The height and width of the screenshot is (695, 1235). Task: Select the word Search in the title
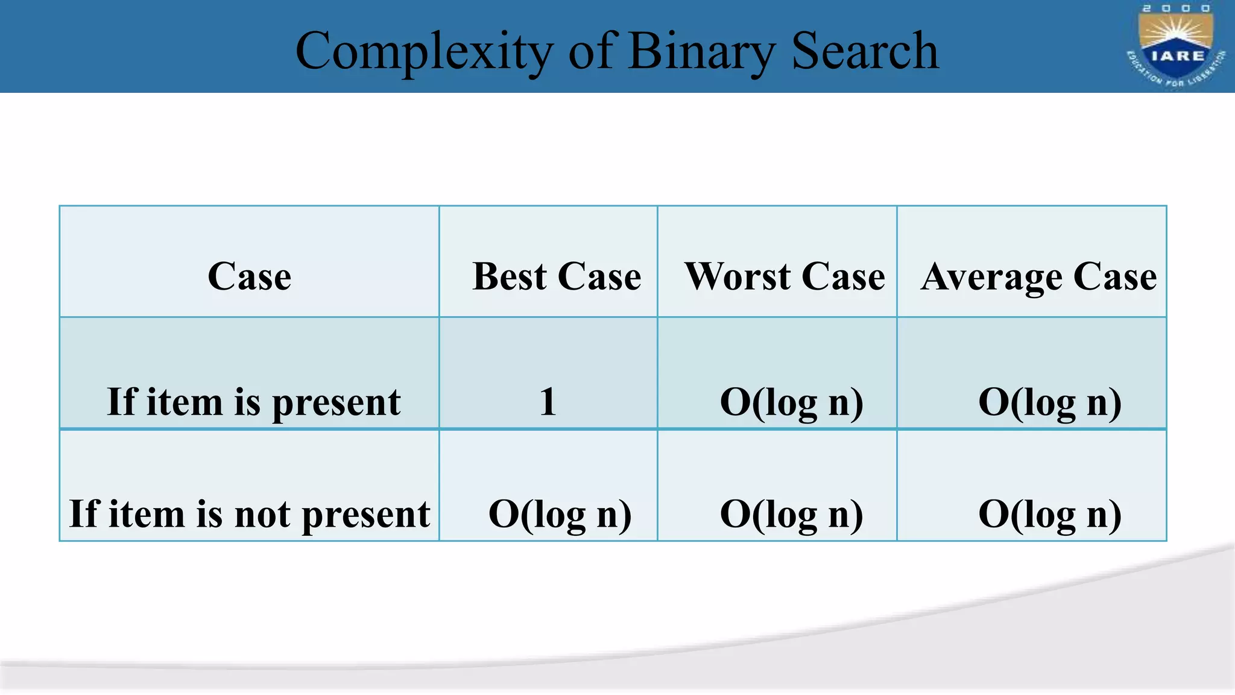(x=865, y=52)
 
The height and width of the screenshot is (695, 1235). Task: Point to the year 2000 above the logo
(x=1177, y=8)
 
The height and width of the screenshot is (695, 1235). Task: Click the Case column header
(x=249, y=277)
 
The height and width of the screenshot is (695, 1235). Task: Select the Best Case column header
(x=556, y=277)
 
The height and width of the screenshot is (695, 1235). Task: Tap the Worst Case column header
(x=785, y=277)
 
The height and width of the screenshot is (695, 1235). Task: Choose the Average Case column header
(x=1038, y=277)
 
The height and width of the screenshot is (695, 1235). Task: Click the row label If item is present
(x=253, y=402)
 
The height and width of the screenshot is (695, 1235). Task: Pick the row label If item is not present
(x=249, y=514)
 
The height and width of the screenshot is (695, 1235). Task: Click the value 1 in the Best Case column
(x=548, y=402)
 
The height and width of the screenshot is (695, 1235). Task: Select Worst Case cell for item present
(x=791, y=402)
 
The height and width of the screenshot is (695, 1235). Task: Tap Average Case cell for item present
(x=1049, y=402)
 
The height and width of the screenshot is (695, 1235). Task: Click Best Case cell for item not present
(x=560, y=514)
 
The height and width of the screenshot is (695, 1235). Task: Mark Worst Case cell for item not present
(x=791, y=514)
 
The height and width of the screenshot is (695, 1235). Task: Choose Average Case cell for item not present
(x=1049, y=514)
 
